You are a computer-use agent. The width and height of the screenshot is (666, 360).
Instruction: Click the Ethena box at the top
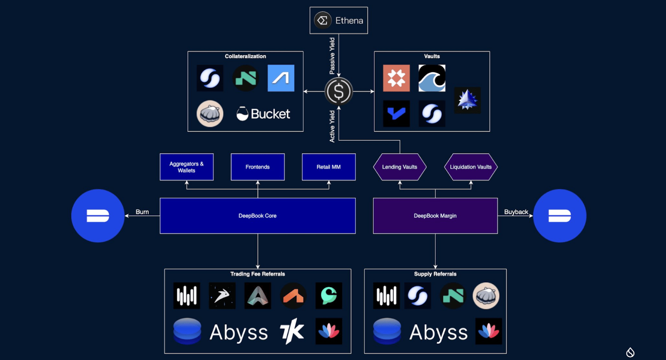(338, 20)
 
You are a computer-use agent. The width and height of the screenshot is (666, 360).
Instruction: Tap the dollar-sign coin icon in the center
(338, 92)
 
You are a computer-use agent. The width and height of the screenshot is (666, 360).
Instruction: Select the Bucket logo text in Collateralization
(270, 114)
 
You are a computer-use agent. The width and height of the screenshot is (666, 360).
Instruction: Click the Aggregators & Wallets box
(186, 167)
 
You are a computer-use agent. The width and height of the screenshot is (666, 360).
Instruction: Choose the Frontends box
(258, 167)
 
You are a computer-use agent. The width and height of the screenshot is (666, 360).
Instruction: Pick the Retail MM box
(328, 167)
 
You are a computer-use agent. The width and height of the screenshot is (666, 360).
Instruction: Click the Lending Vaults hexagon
(400, 167)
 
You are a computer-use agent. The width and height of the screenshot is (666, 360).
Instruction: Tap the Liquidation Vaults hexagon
(471, 167)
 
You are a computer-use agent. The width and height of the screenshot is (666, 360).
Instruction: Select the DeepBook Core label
(257, 216)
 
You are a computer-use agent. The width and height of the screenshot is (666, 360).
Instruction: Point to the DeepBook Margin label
(435, 216)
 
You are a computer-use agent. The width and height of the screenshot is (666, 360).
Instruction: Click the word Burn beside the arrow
(142, 212)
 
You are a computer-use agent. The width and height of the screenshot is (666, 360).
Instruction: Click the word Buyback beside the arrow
(516, 212)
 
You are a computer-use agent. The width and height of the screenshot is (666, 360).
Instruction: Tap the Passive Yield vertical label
(332, 56)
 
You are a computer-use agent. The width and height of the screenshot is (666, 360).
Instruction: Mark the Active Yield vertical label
(332, 126)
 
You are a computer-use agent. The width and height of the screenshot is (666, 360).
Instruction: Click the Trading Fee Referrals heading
(258, 274)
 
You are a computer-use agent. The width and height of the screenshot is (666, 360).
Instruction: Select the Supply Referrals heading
(435, 274)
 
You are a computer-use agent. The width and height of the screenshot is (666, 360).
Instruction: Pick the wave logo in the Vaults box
(432, 78)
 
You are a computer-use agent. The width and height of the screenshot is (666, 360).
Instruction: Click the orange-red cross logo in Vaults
(396, 78)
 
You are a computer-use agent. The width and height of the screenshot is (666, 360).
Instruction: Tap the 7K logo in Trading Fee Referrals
(292, 331)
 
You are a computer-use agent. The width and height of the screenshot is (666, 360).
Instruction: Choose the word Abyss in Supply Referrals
(438, 332)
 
